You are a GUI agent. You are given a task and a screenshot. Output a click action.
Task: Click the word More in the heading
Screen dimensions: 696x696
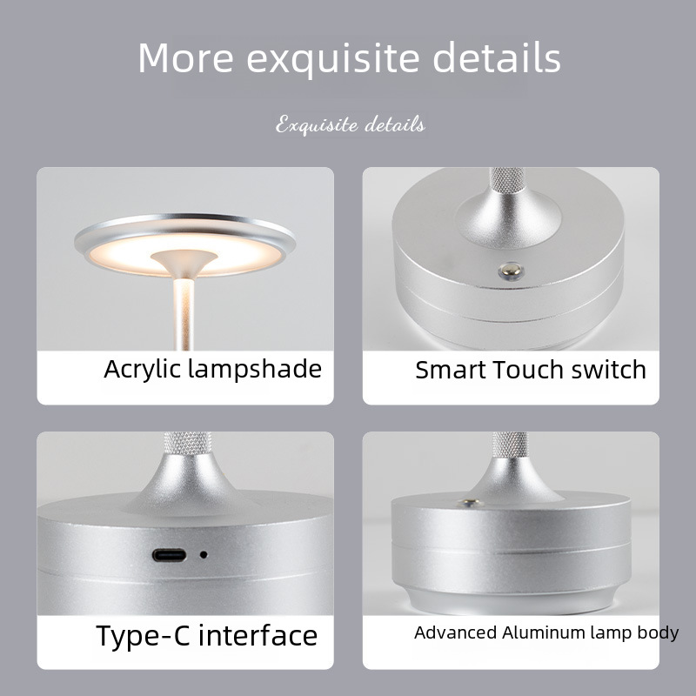186,57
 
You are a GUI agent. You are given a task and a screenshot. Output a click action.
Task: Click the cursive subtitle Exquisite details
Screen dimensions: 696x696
351,124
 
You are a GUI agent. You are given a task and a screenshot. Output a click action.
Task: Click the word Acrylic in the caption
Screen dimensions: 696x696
143,370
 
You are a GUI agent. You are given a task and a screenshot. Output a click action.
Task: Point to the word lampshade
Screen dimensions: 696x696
255,368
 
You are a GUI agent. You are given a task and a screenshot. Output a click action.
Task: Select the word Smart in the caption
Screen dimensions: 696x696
451,370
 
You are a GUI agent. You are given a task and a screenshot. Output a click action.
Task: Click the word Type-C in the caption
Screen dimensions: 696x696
143,636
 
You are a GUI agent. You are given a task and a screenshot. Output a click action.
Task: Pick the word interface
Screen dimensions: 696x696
258,635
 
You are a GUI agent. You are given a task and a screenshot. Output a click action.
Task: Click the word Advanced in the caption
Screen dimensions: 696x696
455,632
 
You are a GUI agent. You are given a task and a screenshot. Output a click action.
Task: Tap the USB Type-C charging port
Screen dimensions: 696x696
169,555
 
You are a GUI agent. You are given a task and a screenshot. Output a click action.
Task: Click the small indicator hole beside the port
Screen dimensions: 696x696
204,554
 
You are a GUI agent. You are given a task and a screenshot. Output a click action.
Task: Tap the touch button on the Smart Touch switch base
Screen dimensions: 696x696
510,269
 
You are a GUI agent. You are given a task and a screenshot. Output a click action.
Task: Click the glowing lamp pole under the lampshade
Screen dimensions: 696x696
184,314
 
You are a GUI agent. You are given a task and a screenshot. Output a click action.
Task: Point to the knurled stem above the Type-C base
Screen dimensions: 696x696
187,444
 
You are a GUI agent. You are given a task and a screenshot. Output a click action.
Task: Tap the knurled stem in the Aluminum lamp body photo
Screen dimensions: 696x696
510,445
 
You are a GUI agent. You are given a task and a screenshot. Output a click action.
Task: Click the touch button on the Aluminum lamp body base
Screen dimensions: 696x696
470,503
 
